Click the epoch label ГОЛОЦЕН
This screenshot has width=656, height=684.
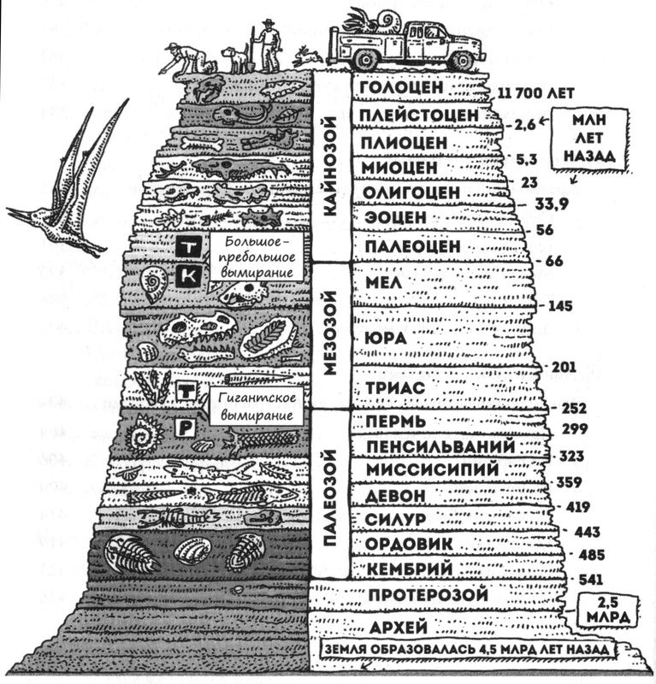pyautogui.click(x=402, y=88)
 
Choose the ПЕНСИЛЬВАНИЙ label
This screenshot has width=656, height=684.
pyautogui.click(x=440, y=446)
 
